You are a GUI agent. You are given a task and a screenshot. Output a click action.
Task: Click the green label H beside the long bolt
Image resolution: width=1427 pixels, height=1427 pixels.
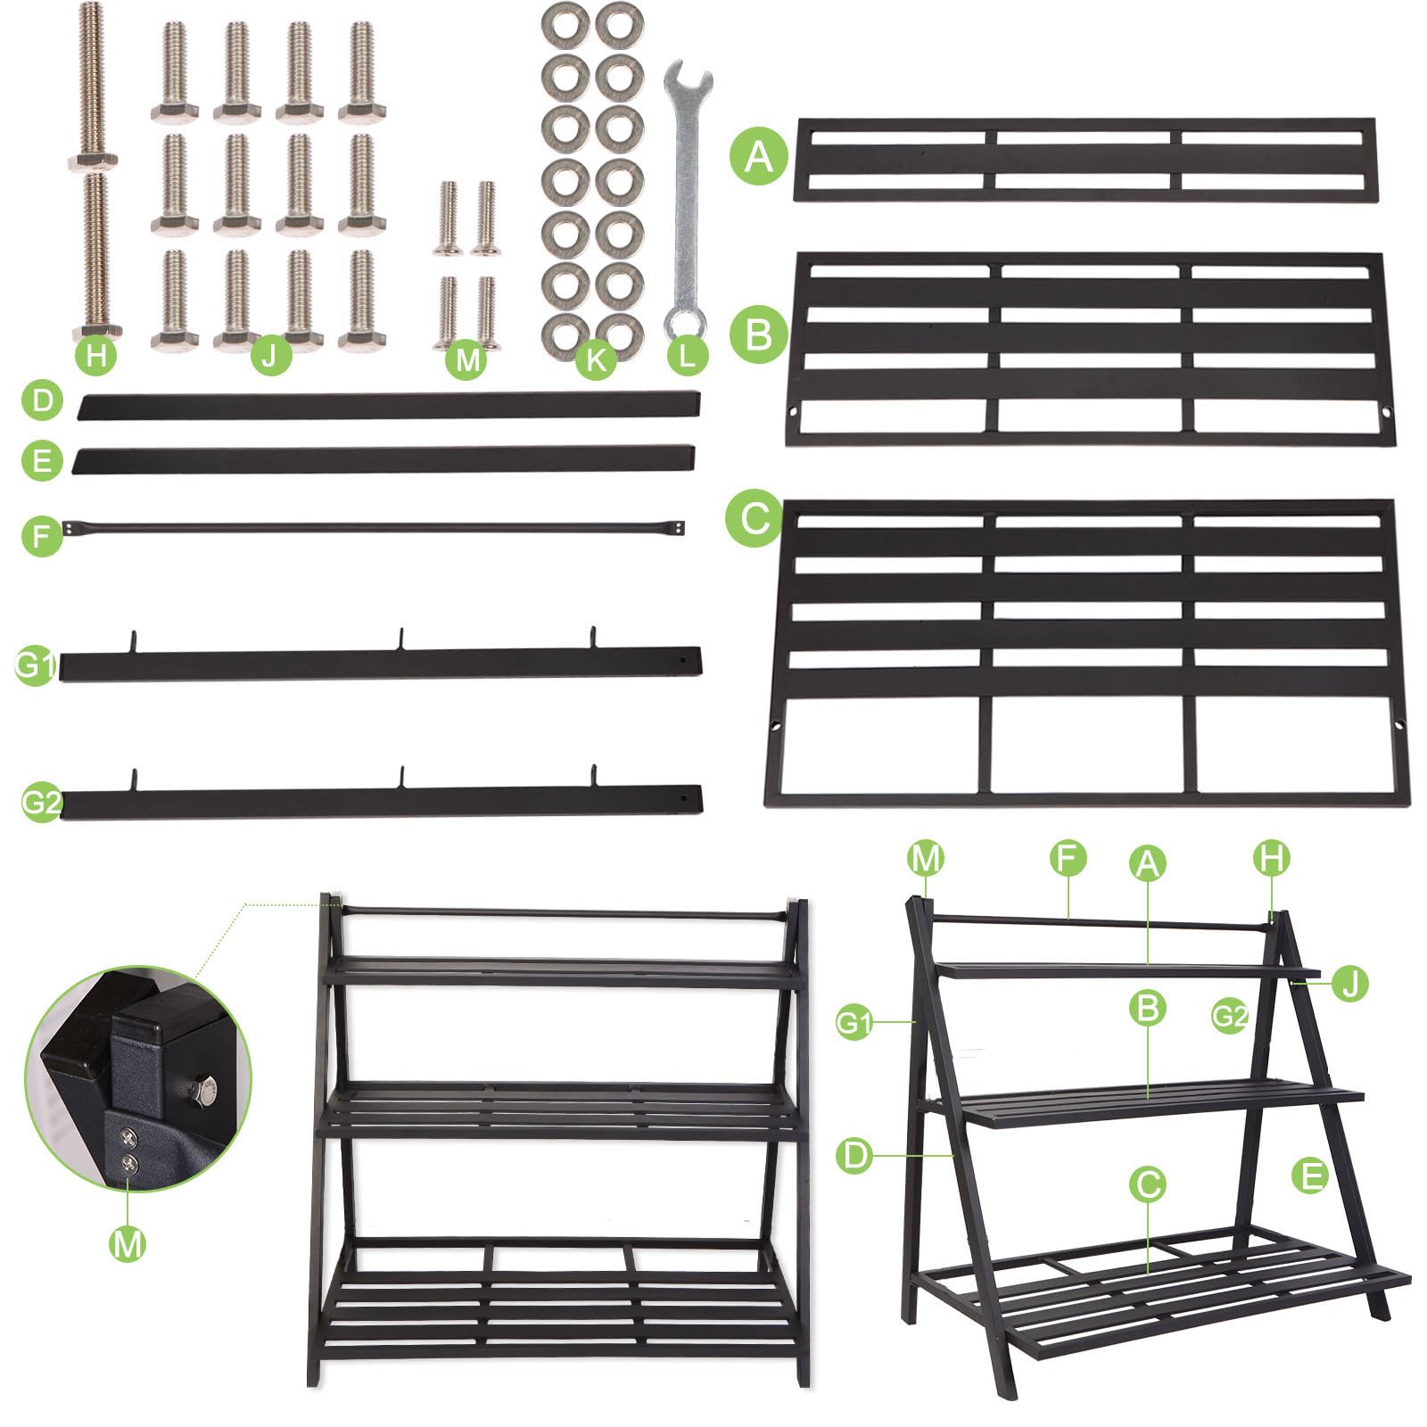(x=96, y=356)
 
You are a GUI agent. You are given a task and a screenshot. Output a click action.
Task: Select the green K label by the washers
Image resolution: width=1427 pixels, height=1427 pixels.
(x=596, y=359)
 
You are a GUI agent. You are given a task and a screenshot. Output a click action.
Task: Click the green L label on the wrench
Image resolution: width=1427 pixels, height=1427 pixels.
(x=687, y=356)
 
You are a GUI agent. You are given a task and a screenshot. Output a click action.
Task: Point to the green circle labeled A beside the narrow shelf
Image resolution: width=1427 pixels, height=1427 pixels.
(x=759, y=156)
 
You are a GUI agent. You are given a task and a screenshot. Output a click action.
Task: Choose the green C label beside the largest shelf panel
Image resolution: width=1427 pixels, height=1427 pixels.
(x=755, y=516)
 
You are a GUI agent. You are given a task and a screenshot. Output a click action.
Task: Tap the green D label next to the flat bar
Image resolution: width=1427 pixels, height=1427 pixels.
(x=42, y=400)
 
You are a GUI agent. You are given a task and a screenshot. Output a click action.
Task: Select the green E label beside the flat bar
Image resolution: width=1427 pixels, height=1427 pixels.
(x=42, y=461)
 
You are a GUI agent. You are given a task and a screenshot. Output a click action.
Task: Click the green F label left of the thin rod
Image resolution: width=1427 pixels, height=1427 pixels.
(x=42, y=536)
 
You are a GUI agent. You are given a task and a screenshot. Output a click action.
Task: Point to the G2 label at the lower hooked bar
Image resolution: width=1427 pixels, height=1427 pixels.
(x=41, y=804)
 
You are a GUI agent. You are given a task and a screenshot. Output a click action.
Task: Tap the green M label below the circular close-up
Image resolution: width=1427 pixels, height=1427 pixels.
(x=127, y=1242)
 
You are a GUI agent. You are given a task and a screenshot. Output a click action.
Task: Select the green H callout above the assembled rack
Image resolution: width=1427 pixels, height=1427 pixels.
(x=1271, y=858)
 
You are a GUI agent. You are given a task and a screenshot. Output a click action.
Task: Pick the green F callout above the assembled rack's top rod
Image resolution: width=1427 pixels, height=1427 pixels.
(x=1068, y=858)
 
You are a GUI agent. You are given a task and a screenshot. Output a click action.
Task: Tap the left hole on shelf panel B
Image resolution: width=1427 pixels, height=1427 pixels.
(x=793, y=412)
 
